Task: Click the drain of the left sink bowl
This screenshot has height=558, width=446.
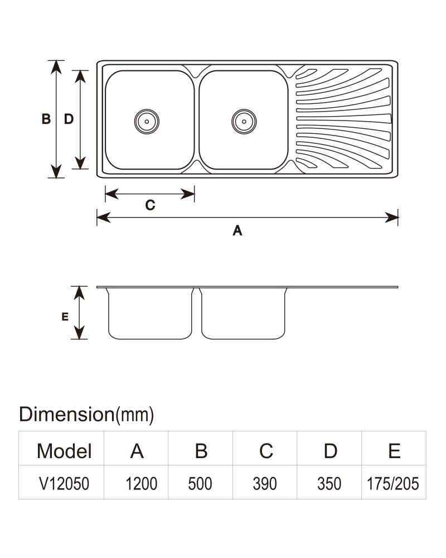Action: pyautogui.click(x=147, y=121)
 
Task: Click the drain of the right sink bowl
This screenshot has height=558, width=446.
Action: pyautogui.click(x=244, y=121)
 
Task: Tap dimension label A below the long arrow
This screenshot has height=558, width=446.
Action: pyautogui.click(x=237, y=230)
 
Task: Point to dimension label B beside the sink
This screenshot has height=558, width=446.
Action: pyautogui.click(x=46, y=119)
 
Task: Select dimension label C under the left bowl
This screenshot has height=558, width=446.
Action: pyautogui.click(x=150, y=205)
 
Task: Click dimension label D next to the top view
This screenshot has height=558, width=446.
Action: pyautogui.click(x=69, y=119)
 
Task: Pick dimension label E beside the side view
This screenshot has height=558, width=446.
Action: pyautogui.click(x=65, y=316)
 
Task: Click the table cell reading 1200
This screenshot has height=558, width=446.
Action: pyautogui.click(x=141, y=484)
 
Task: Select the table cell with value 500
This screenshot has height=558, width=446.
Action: pyautogui.click(x=200, y=484)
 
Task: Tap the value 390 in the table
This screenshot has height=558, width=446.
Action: pyautogui.click(x=265, y=484)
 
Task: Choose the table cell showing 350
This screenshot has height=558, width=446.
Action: pyautogui.click(x=329, y=484)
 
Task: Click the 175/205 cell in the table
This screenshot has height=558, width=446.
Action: pyautogui.click(x=392, y=484)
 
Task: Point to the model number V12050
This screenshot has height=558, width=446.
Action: pyautogui.click(x=64, y=484)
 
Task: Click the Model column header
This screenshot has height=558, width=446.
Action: pyautogui.click(x=64, y=451)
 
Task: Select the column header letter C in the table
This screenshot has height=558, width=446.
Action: pyautogui.click(x=266, y=451)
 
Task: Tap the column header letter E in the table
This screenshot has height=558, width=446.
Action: pyautogui.click(x=394, y=451)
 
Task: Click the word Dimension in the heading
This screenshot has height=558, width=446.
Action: pyautogui.click(x=66, y=414)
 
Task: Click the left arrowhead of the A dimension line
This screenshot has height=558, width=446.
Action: pyautogui.click(x=104, y=217)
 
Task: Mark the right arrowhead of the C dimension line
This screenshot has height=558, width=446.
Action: pyautogui.click(x=188, y=194)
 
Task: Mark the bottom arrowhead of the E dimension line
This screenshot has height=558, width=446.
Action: pyautogui.click(x=79, y=333)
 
